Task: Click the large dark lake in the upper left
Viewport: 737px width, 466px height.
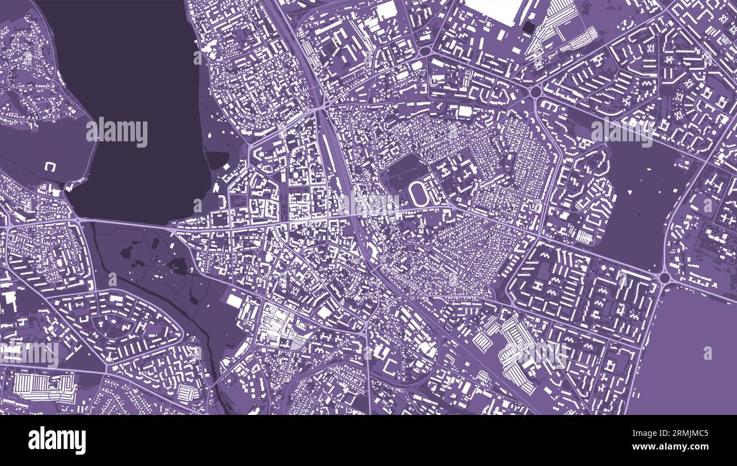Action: (136, 85)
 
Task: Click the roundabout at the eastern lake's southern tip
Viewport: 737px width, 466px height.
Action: (664, 278)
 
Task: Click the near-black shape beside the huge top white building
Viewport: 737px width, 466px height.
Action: (528, 27)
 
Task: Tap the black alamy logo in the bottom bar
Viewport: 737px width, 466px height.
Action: (57, 440)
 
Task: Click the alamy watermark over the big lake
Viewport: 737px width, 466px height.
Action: (117, 132)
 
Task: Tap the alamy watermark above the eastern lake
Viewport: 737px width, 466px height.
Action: (621, 132)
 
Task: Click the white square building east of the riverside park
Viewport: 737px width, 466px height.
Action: (234, 301)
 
